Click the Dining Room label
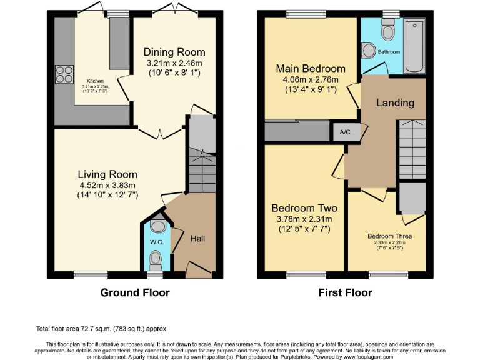coord(174,52)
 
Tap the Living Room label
coord(107,174)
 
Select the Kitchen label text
coord(95,81)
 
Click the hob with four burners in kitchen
coord(64,75)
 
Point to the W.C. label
coord(156,242)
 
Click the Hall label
coord(198,238)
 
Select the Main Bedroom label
coord(311,68)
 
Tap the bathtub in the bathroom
coord(414,47)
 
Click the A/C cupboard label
coord(345,132)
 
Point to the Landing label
coord(395,102)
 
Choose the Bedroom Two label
coord(304,208)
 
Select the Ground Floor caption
coord(135,292)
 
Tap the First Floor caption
coord(346,292)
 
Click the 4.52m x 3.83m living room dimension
coord(107,185)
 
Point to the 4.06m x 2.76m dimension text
coord(311,79)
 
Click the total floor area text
coord(101,329)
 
